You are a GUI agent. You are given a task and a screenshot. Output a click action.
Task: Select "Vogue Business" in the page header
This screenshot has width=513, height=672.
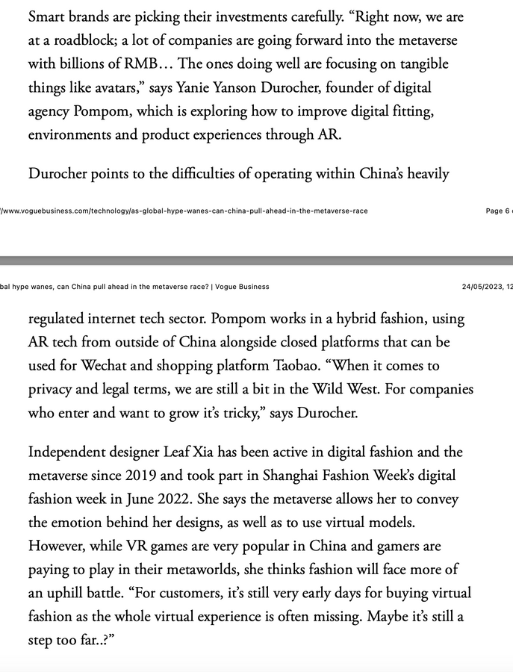click(243, 286)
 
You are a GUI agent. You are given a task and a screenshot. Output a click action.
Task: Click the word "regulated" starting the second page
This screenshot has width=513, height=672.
click(59, 318)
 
